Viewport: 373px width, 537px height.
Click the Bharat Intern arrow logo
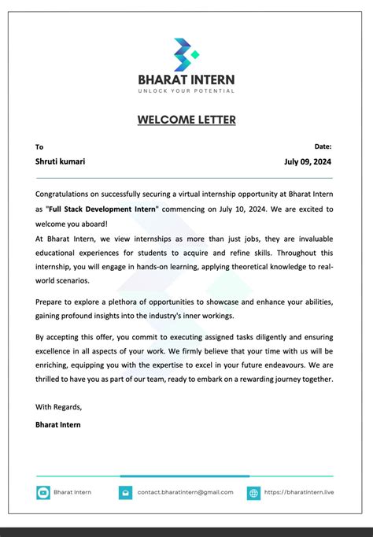186,54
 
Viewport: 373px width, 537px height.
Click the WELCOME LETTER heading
186,120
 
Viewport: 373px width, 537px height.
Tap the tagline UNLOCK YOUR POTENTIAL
186,91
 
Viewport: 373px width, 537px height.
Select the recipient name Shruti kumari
61,161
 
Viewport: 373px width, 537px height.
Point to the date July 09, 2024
308,161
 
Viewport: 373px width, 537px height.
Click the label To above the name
39,146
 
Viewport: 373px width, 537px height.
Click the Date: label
323,146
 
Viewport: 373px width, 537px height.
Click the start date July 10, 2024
239,209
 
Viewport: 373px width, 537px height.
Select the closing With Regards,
59,407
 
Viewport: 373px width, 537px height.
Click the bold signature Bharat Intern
57,424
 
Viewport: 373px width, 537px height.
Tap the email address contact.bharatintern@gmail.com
185,492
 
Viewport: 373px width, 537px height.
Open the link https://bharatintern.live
299,492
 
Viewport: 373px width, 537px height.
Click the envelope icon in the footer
125,493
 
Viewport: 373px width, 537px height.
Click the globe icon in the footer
253,493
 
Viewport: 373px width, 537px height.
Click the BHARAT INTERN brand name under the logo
186,80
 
